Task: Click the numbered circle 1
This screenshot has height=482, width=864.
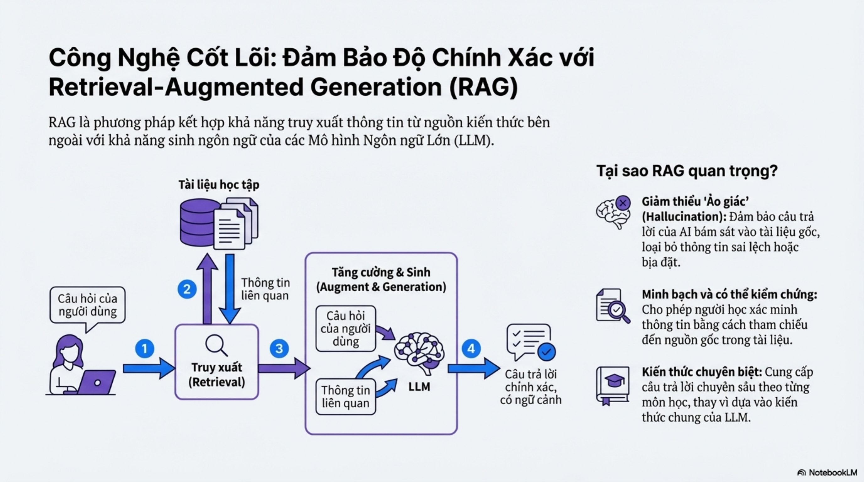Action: click(145, 349)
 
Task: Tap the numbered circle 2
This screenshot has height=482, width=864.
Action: click(187, 289)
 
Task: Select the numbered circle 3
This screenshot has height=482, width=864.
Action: click(279, 349)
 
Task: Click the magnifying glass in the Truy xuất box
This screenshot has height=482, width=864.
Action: click(216, 345)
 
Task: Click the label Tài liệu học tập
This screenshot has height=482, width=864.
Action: click(219, 185)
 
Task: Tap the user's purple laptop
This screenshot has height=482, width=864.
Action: click(97, 382)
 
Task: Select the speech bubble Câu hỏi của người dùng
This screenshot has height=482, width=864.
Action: click(88, 305)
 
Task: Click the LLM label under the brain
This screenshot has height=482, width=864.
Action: click(419, 387)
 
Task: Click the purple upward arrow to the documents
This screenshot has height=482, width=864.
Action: click(207, 288)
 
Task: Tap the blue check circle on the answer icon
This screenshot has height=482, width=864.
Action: click(546, 352)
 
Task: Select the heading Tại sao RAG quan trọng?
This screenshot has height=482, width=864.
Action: click(687, 171)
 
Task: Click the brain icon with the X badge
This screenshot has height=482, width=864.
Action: click(613, 213)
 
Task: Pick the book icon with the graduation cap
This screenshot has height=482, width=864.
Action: click(612, 385)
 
